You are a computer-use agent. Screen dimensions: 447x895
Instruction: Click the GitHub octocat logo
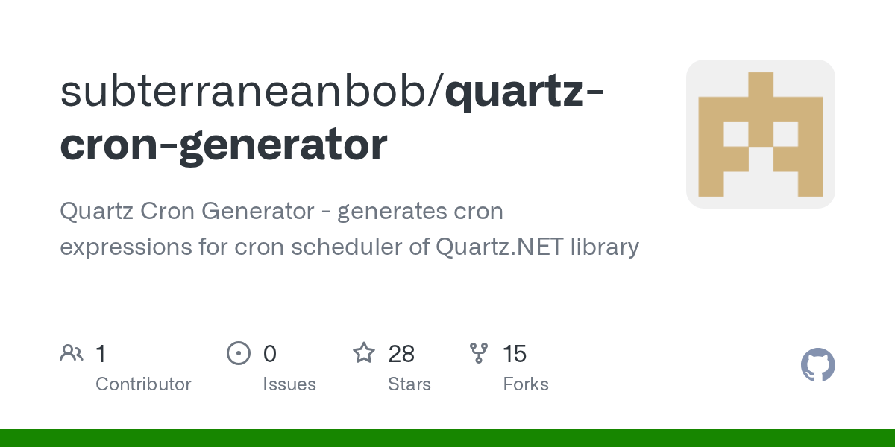tap(817, 365)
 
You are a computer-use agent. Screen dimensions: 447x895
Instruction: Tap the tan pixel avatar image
tap(760, 134)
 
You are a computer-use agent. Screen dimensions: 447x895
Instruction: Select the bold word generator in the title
tap(283, 145)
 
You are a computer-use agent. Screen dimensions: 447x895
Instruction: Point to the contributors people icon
tap(72, 353)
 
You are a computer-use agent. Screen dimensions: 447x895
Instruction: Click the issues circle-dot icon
tap(239, 353)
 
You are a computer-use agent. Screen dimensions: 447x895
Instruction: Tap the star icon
tap(364, 353)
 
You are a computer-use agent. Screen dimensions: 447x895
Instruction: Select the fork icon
tap(479, 353)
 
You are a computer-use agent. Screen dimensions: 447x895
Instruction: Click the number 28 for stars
tap(401, 354)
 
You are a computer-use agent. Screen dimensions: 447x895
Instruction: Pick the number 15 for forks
tap(515, 354)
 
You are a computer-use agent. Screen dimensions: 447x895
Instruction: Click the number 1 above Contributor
tap(101, 354)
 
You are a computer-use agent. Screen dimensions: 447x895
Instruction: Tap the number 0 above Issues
tap(269, 354)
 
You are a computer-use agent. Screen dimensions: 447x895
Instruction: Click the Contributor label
tap(143, 384)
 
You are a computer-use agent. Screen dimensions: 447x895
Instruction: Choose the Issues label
tap(289, 384)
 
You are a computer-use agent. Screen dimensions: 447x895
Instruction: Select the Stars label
tap(409, 384)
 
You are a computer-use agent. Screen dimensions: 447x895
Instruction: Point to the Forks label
tap(526, 384)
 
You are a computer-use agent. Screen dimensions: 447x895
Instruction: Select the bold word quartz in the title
tap(515, 91)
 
